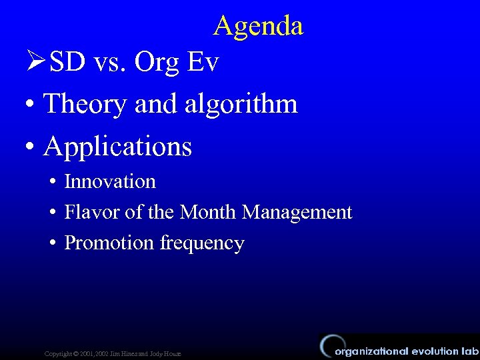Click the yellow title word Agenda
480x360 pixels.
click(259, 26)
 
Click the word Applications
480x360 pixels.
click(118, 147)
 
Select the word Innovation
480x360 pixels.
click(110, 181)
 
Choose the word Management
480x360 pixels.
click(297, 212)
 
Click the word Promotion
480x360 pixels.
click(109, 243)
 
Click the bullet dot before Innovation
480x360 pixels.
click(52, 182)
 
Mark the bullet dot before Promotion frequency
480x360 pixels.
click(52, 243)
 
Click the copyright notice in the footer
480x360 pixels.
click(112, 353)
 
